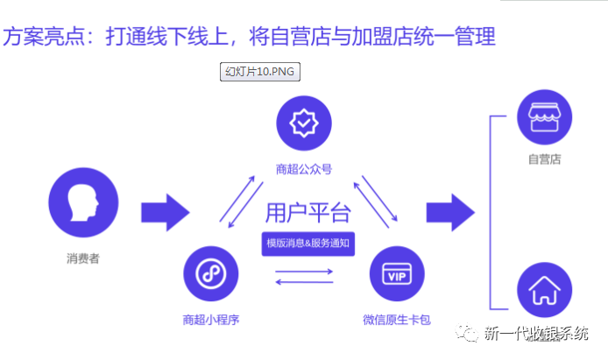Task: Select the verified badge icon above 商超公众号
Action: point(304,124)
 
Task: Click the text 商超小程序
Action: point(210,319)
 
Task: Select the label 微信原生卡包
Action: point(396,319)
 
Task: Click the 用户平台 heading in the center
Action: point(308,213)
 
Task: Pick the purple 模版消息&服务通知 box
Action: point(308,244)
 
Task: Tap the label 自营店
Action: point(544,159)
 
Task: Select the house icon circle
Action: point(544,293)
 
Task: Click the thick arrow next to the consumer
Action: point(165,211)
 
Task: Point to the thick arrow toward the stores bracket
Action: point(450,211)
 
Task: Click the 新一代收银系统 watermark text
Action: point(544,334)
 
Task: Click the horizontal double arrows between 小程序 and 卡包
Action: point(304,277)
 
